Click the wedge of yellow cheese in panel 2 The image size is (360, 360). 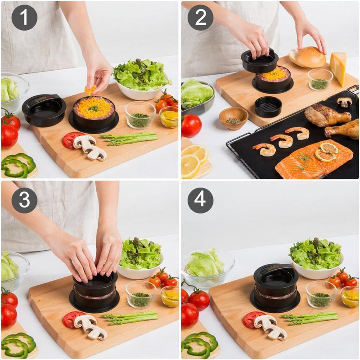(338, 67)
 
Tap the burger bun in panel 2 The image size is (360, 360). (309, 58)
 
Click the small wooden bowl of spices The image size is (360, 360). (233, 118)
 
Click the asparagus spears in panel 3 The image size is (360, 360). (130, 318)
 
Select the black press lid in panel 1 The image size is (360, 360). (44, 110)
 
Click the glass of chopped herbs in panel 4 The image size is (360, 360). (320, 295)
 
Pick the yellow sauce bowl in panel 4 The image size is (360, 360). (350, 297)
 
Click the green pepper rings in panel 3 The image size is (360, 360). (19, 345)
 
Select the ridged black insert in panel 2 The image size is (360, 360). (268, 107)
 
